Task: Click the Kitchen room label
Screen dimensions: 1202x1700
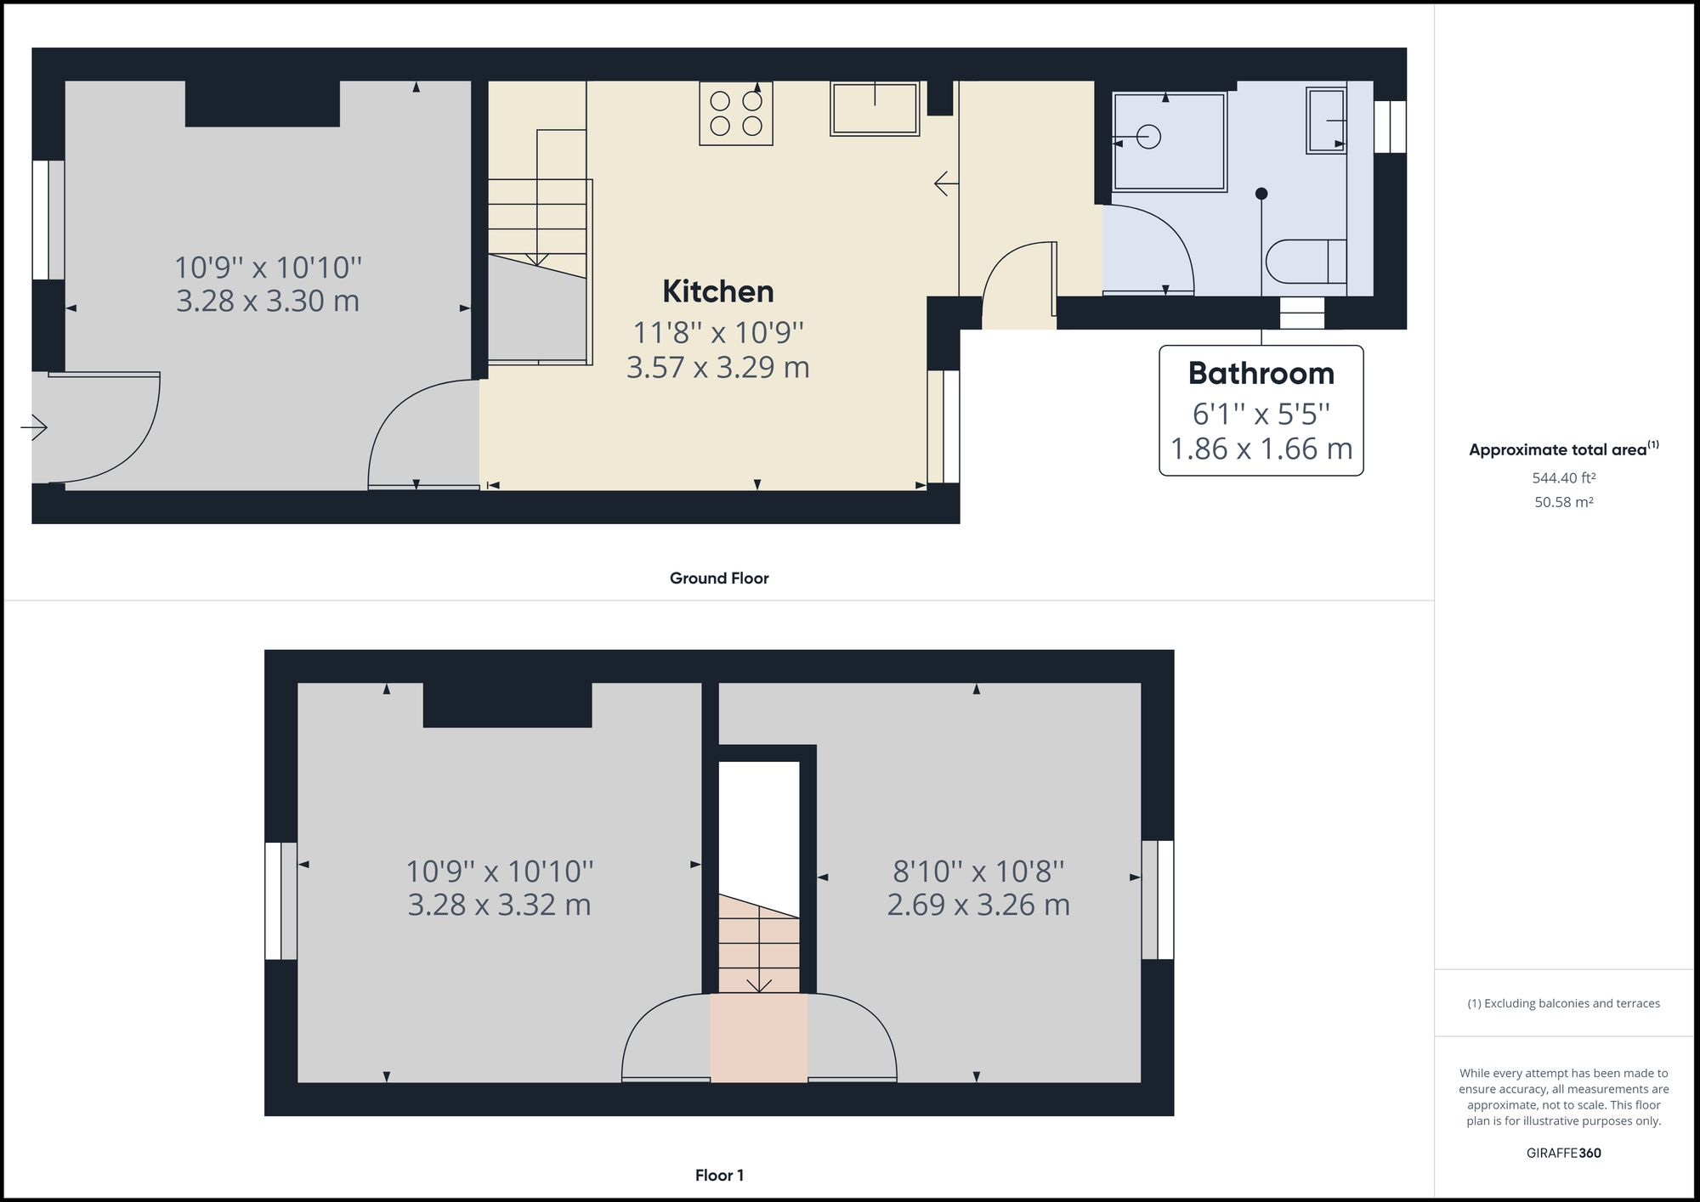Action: click(718, 291)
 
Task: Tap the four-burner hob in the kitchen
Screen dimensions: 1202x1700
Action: click(736, 114)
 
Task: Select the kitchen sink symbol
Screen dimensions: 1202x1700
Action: click(875, 109)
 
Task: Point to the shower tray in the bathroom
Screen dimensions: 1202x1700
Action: click(1170, 142)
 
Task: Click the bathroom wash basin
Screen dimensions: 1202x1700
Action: click(1326, 121)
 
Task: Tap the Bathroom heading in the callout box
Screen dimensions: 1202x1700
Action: click(1261, 373)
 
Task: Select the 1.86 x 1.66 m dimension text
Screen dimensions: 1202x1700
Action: click(1261, 449)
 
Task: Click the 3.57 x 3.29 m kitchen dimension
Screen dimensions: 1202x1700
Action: click(718, 367)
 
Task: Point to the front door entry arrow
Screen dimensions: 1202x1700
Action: click(34, 426)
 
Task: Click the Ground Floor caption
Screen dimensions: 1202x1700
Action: click(719, 578)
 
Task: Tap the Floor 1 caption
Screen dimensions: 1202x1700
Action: click(719, 1176)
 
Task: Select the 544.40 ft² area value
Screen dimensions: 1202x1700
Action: click(1563, 478)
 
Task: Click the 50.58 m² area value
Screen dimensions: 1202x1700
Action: click(1563, 502)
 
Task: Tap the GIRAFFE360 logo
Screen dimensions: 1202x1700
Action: click(1563, 1153)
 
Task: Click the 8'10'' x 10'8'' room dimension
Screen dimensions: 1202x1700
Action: click(978, 871)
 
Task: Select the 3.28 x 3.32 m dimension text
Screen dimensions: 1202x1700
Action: click(499, 905)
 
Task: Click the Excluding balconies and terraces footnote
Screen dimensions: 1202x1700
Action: click(1563, 1003)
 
